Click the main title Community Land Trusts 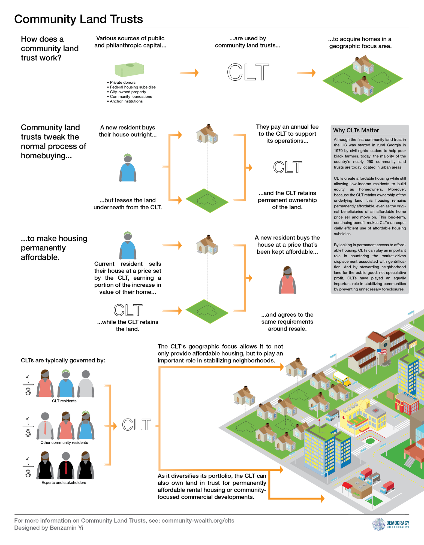point(79,19)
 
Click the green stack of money point(129,69)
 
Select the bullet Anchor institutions point(126,101)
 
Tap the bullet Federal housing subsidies point(133,87)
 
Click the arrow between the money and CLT point(189,73)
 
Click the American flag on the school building point(382,352)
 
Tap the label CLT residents point(64,401)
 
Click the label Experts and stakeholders point(64,483)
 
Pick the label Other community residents point(64,443)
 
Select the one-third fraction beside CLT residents point(28,385)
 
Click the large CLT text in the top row point(248,72)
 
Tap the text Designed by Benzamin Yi point(49,528)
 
